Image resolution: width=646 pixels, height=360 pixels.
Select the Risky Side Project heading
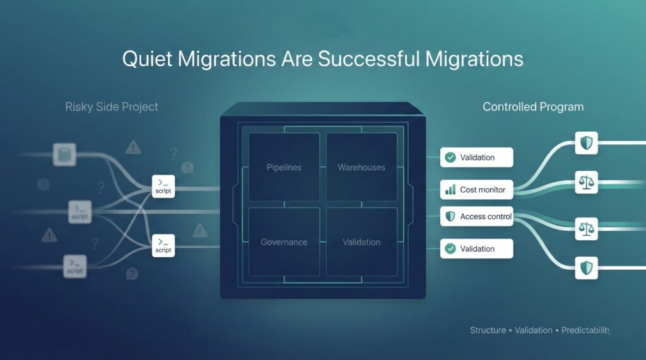click(x=112, y=107)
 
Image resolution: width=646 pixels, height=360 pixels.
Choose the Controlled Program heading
click(x=533, y=107)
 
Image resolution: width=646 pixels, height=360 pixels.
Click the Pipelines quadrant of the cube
click(x=284, y=168)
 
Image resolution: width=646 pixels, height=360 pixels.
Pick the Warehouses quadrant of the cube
click(x=361, y=168)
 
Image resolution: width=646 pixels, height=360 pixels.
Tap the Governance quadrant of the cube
click(x=284, y=242)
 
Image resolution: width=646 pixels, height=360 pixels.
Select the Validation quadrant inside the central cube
click(x=361, y=242)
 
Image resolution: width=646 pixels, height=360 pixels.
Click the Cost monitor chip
click(x=477, y=189)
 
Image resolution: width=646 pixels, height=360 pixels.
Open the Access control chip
click(x=477, y=217)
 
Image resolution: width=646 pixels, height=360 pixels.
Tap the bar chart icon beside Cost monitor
click(x=450, y=189)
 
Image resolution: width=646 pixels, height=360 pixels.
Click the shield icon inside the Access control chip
click(x=450, y=217)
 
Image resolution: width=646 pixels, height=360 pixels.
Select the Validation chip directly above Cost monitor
click(x=477, y=158)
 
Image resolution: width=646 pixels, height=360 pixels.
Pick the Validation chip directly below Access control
click(x=477, y=248)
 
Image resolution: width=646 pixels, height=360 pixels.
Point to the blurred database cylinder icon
click(x=63, y=153)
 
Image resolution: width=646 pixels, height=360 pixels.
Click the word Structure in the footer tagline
click(x=488, y=330)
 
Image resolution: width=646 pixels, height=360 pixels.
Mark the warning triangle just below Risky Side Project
click(x=133, y=148)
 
